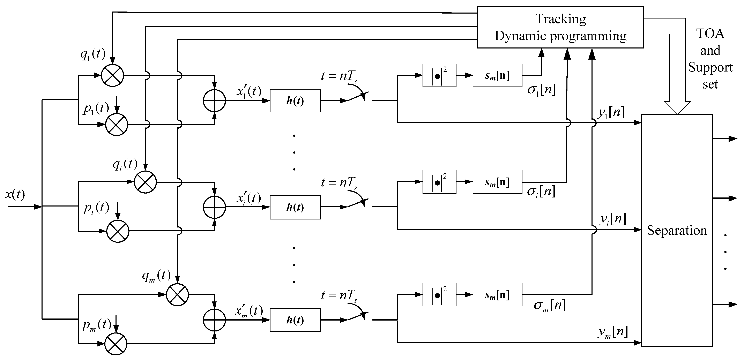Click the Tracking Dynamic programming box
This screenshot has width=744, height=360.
(x=560, y=27)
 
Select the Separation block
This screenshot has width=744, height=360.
(x=677, y=230)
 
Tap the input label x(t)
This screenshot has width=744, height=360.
(x=15, y=194)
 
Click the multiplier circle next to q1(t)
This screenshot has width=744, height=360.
(x=112, y=75)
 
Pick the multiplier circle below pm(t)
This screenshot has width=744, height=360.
(x=116, y=344)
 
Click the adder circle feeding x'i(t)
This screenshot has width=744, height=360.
(x=214, y=207)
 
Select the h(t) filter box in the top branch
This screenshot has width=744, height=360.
(x=295, y=101)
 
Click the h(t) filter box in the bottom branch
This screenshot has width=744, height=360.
(x=295, y=320)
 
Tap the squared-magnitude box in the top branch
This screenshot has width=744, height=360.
(x=439, y=75)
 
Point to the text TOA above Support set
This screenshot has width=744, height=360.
(x=710, y=33)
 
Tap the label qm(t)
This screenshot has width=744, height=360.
(x=156, y=276)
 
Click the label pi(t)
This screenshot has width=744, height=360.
(x=96, y=208)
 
